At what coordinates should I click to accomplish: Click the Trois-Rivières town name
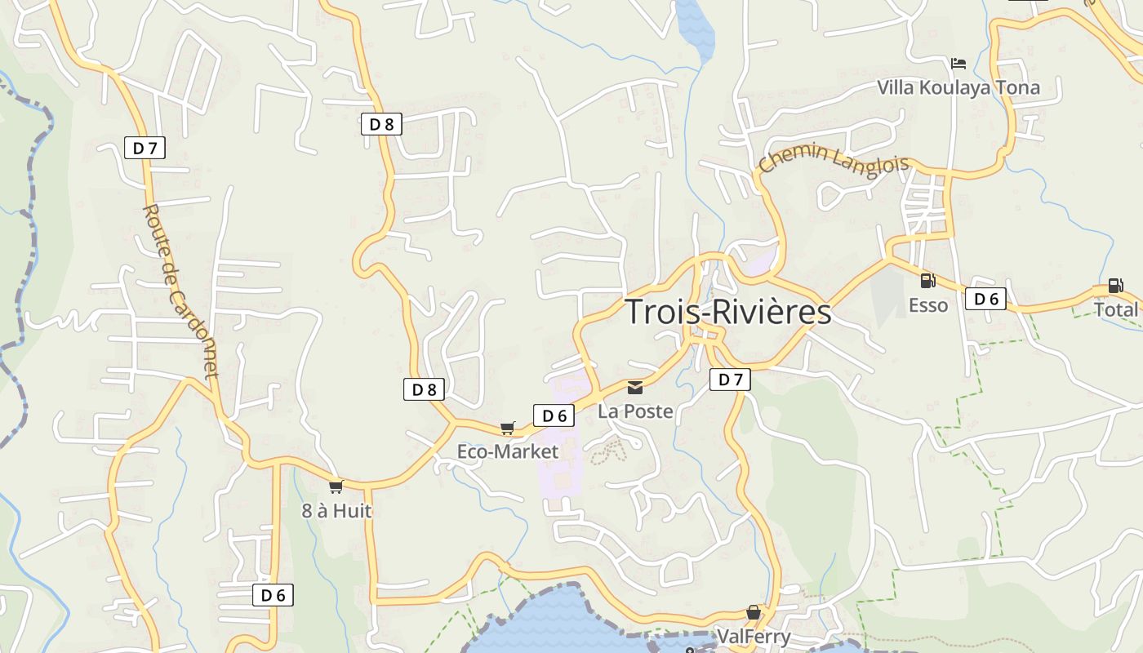click(x=727, y=312)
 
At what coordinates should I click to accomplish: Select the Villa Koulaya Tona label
click(x=958, y=87)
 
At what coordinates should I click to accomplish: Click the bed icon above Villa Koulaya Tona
click(x=958, y=63)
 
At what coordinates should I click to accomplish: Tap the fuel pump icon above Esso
click(x=927, y=281)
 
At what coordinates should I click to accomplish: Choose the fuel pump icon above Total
click(x=1115, y=286)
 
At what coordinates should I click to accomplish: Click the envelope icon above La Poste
click(x=635, y=387)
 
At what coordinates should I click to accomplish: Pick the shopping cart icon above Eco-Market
click(x=508, y=428)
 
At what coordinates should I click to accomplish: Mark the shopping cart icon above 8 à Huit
click(x=336, y=486)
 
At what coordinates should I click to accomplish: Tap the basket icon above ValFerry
click(x=753, y=612)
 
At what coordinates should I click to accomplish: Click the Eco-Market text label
click(x=508, y=451)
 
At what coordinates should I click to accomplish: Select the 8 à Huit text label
click(x=336, y=511)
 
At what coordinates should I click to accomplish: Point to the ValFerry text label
click(x=753, y=637)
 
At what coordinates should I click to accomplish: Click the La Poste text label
click(x=635, y=411)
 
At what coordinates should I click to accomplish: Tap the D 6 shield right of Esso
click(x=985, y=299)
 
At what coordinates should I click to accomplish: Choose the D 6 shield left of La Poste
click(x=554, y=415)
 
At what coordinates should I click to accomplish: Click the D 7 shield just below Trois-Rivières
click(x=730, y=380)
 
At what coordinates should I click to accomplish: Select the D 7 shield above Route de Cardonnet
click(x=145, y=148)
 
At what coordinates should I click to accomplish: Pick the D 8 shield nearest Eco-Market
click(x=424, y=389)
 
